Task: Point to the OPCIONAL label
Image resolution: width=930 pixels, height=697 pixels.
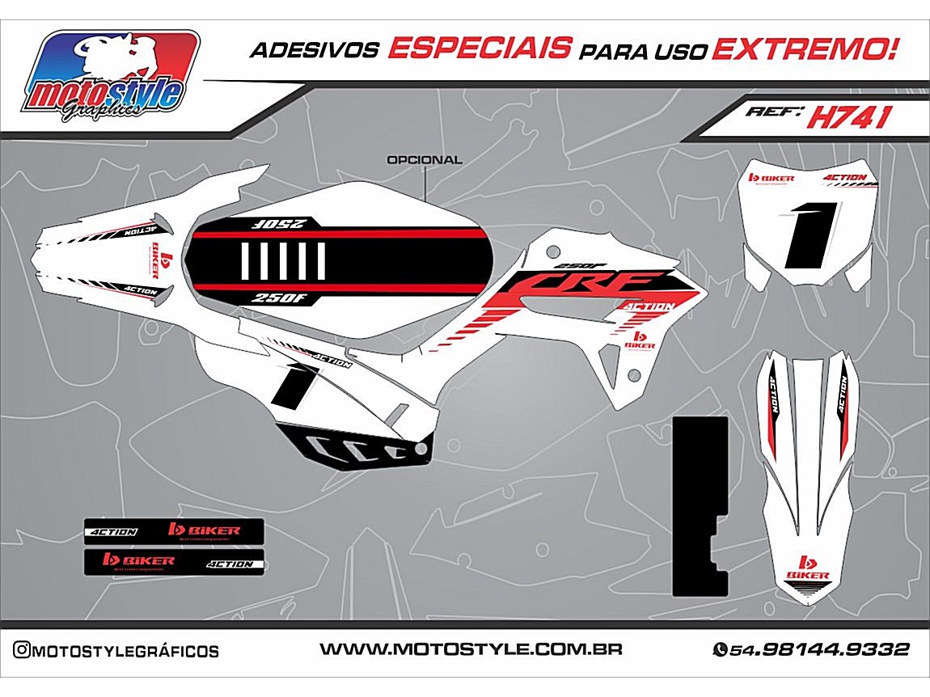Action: click(x=425, y=160)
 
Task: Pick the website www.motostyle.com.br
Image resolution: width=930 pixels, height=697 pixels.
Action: click(x=470, y=649)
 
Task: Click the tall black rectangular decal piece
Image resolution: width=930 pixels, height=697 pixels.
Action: click(x=700, y=505)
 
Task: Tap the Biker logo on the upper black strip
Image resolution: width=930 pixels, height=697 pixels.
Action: click(x=204, y=530)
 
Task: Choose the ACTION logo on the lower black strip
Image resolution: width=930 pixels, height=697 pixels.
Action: click(x=230, y=564)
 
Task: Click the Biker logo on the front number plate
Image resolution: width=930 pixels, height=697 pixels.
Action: click(x=771, y=178)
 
